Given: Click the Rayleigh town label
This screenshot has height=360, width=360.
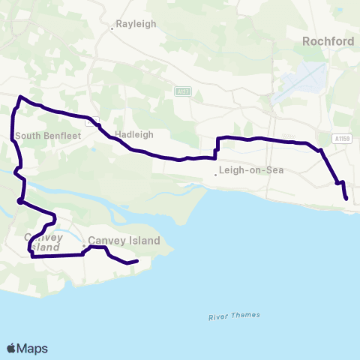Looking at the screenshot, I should tap(136, 24).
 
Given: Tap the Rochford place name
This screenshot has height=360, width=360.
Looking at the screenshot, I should tap(327, 42).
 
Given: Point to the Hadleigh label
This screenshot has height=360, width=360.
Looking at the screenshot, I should tap(134, 135).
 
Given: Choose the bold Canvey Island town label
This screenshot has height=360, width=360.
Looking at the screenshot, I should tap(124, 241).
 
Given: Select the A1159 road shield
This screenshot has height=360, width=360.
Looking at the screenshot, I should tap(342, 138).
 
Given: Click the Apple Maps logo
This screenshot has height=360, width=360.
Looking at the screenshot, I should tap(27, 348).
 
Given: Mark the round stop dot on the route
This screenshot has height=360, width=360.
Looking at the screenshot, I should tap(19, 201).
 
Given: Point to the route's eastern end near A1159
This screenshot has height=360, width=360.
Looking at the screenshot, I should tap(346, 199).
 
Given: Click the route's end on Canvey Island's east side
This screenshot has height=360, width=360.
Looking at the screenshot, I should tap(138, 261).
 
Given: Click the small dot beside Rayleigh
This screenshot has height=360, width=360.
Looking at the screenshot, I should tap(112, 28).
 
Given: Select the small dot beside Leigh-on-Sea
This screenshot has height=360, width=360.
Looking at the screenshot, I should tap(215, 175).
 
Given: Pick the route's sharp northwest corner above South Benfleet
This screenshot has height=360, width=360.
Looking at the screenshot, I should tap(20, 97).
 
